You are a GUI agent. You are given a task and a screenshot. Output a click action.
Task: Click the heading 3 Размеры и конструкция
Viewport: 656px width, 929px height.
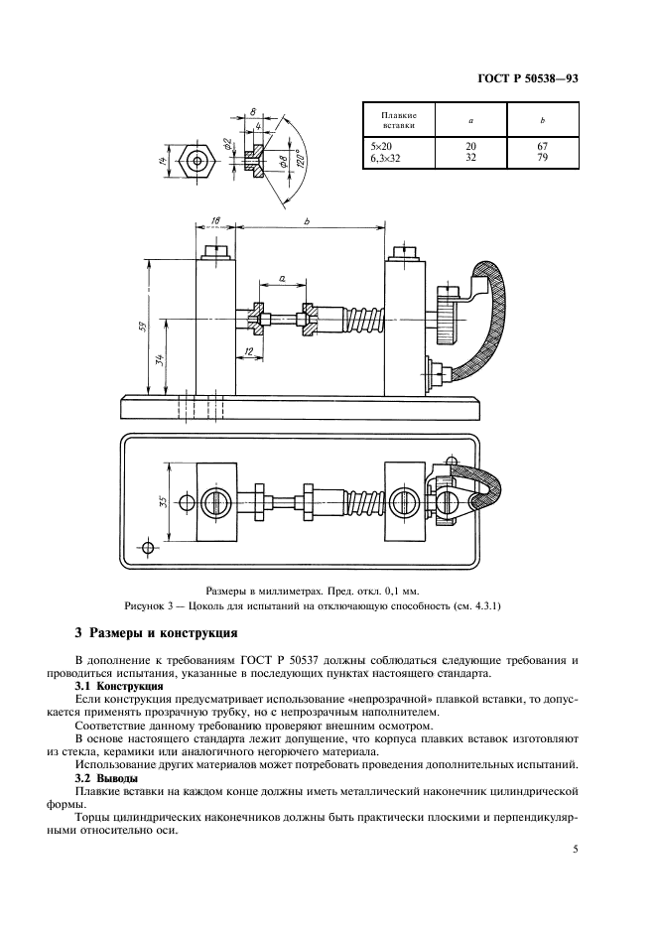157,632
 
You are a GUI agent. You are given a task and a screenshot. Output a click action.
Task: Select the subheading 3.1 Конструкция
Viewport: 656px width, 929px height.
119,686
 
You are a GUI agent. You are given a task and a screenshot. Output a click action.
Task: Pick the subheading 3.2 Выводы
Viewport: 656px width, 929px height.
108,777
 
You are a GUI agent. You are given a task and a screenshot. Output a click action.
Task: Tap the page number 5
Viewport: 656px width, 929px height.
575,849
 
